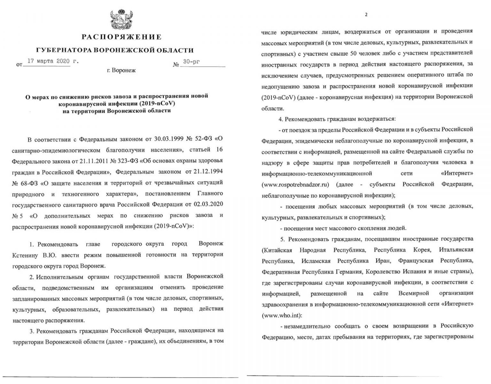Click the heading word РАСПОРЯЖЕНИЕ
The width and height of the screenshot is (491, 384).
[121, 37]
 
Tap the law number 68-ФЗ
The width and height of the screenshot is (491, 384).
[30, 183]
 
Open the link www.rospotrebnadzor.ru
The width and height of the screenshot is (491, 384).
[295, 185]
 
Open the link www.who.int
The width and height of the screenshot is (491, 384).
[281, 315]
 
